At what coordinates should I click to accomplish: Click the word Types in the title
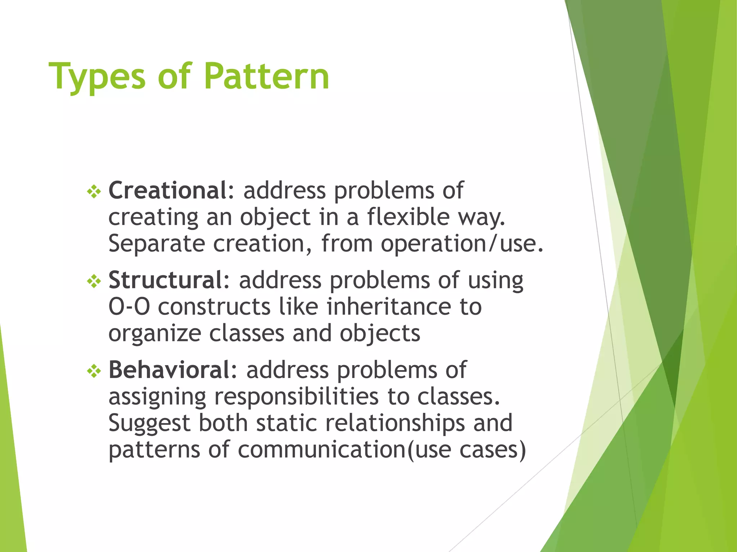pyautogui.click(x=97, y=77)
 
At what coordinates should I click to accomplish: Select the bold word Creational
pyautogui.click(x=168, y=190)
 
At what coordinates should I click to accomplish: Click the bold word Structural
pyautogui.click(x=166, y=280)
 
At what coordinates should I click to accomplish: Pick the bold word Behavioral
pyautogui.click(x=169, y=370)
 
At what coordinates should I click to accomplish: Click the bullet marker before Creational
pyautogui.click(x=94, y=192)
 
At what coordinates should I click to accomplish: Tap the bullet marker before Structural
pyautogui.click(x=94, y=281)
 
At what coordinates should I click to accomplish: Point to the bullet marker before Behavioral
pyautogui.click(x=94, y=371)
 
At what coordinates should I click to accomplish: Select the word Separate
pyautogui.click(x=157, y=244)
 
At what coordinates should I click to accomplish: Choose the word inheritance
pyautogui.click(x=389, y=307)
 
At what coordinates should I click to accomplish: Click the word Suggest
pyautogui.click(x=149, y=424)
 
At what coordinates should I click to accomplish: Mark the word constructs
pyautogui.click(x=214, y=307)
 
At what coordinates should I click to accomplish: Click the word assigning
pyautogui.click(x=157, y=397)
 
